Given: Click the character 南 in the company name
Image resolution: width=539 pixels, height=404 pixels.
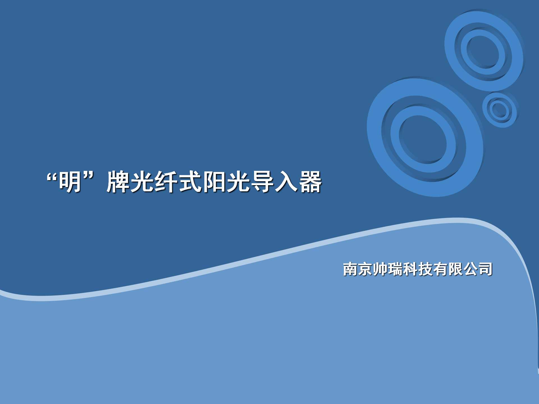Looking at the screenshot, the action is click(350, 269).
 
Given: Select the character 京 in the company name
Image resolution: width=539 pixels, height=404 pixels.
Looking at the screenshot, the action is click(365, 269).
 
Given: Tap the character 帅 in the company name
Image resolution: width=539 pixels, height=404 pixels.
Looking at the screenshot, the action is click(380, 269).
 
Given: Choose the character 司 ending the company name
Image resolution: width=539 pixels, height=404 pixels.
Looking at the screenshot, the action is click(485, 269).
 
